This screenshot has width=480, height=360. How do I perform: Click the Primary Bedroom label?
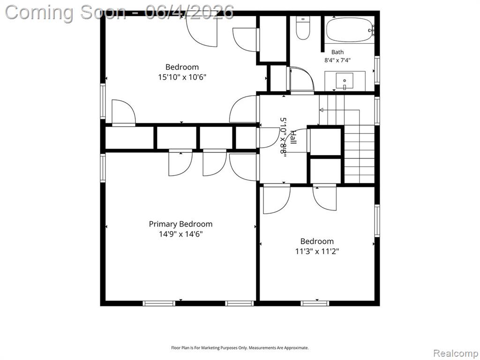pos(180,224)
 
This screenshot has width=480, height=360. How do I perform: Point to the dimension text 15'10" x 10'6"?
pos(182,77)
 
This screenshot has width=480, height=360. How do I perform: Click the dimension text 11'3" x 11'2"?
pos(317,251)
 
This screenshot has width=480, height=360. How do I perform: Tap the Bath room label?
pos(337,52)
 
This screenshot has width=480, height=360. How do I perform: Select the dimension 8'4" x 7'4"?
pos(337,60)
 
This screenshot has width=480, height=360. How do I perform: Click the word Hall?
pos(293,137)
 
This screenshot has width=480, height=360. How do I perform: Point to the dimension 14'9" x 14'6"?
pos(180,234)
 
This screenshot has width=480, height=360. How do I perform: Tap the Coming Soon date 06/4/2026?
pos(189,12)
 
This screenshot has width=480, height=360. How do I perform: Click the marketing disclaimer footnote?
pos(240,348)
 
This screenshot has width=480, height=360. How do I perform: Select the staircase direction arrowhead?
pos(322,110)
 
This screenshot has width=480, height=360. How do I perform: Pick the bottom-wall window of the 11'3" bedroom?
pos(315,303)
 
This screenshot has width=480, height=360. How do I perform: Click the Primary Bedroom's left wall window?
pos(103,168)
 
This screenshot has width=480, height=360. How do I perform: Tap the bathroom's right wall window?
pos(377,70)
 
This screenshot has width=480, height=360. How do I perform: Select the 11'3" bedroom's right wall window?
pos(377,220)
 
